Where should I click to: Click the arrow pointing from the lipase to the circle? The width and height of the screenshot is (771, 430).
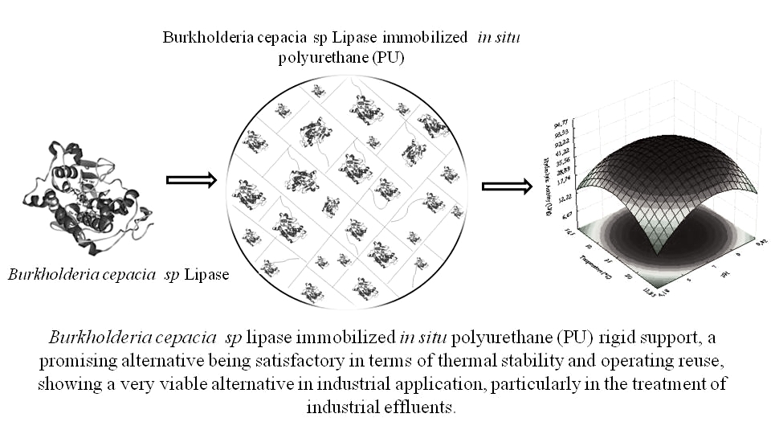coord(191,180)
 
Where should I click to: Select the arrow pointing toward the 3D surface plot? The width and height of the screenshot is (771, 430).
coord(507,186)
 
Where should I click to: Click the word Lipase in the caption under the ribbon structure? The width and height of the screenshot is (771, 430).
coord(207,275)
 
